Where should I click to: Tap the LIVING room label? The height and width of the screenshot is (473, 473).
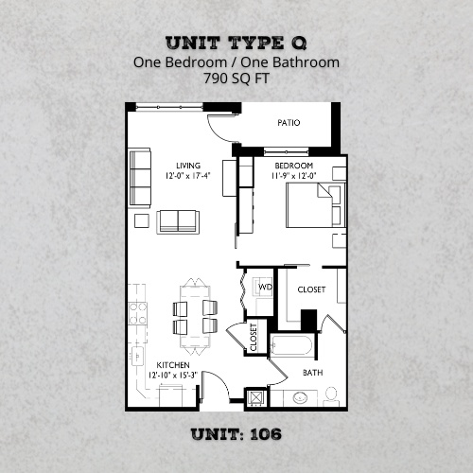pos(173,166)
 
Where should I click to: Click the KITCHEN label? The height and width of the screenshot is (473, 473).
pos(173,364)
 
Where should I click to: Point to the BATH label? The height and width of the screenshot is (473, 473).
pos(312,373)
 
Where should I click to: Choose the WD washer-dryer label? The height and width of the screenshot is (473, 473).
pos(266,286)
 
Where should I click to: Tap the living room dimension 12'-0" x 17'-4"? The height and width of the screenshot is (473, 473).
pos(173,176)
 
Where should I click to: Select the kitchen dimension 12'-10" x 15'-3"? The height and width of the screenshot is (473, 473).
pos(173,375)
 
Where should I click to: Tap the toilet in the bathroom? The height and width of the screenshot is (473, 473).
pos(330,394)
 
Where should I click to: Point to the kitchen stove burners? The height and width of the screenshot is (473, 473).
pos(138,312)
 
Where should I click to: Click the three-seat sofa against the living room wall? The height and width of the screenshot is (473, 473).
pos(140,179)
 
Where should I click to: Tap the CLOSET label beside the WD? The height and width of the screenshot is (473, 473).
pos(311,289)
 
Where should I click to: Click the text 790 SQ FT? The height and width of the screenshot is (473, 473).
pos(236,79)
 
